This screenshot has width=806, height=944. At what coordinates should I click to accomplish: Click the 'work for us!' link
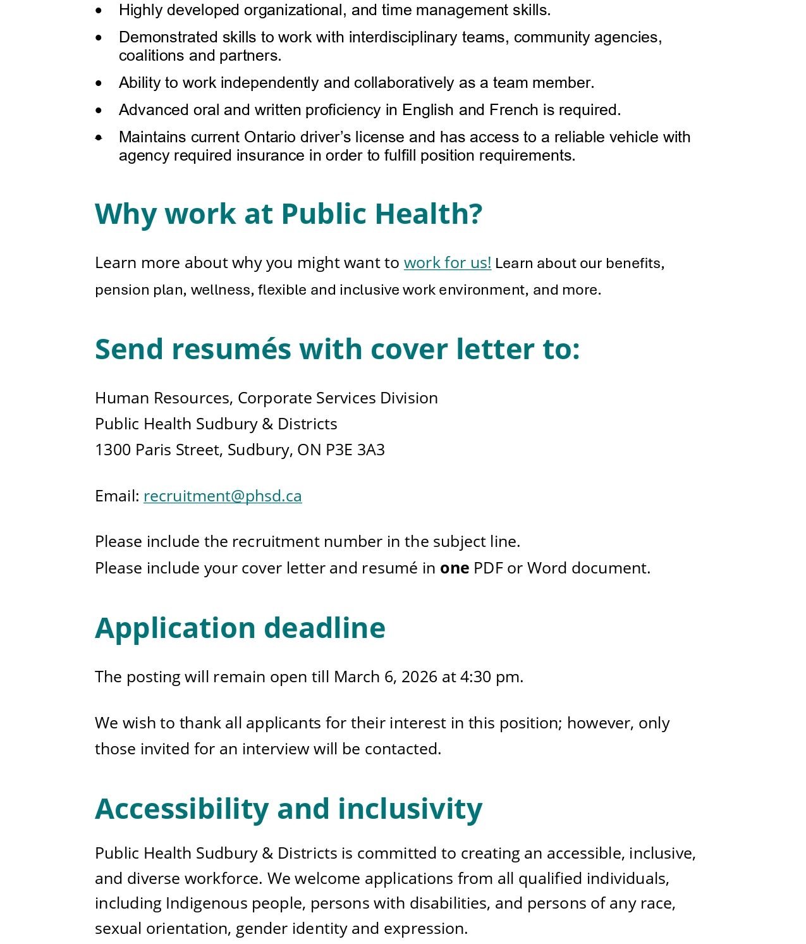[x=447, y=262]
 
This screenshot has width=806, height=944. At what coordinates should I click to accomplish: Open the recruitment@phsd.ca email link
[x=223, y=496]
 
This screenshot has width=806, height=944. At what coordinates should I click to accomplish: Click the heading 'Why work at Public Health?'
[x=288, y=214]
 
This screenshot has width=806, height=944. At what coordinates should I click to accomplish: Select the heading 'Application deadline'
[x=240, y=628]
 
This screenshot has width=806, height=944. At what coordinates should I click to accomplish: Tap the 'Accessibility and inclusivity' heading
[x=288, y=809]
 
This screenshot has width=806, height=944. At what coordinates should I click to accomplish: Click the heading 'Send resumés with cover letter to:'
[x=337, y=349]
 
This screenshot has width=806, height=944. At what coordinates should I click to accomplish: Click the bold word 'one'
[x=454, y=568]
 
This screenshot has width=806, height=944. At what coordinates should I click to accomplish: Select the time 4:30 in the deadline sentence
[x=475, y=677]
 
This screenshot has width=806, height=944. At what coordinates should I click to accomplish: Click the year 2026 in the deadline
[x=419, y=677]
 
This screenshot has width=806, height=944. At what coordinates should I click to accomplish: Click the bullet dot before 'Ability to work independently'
[x=99, y=83]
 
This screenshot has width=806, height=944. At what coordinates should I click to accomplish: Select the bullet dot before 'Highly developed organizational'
[x=99, y=10]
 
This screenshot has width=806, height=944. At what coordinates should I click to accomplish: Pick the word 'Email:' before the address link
[x=117, y=496]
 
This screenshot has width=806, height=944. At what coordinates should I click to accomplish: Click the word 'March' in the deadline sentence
[x=357, y=677]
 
